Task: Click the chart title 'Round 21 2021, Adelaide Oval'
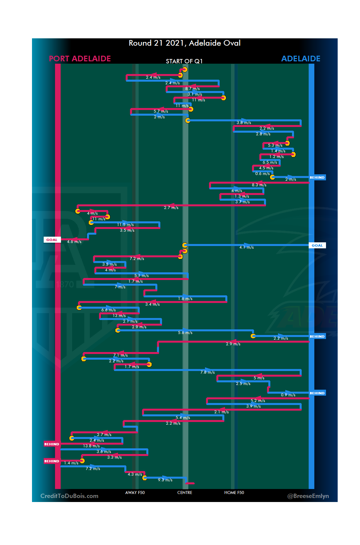coord(184,43)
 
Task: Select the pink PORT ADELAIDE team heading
coord(80,59)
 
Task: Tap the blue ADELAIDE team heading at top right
coord(301,59)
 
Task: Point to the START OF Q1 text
coord(184,61)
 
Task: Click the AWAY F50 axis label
coord(135,493)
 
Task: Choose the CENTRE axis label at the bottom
coord(185,493)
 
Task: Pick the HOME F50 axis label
coord(234,493)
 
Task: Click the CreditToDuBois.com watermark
coord(69,496)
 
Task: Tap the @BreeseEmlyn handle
coord(308,496)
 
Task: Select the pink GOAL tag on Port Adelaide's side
coord(52,240)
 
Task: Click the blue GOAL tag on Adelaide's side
coord(317,245)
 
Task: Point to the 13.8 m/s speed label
coord(91,446)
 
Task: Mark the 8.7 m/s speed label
coord(193,89)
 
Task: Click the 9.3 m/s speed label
coord(165,480)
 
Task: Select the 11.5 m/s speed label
coord(125,225)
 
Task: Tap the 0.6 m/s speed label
coord(262,174)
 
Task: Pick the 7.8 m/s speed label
coord(207,372)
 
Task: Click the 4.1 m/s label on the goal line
coord(246,247)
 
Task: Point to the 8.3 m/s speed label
coord(259,185)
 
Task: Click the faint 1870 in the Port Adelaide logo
coord(65,284)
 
